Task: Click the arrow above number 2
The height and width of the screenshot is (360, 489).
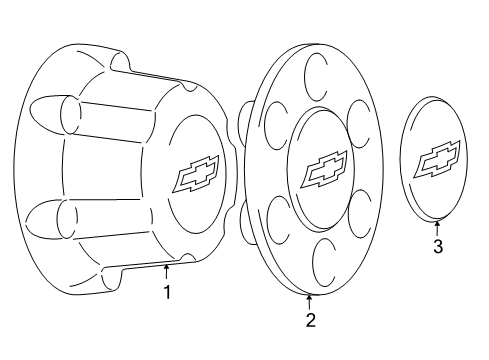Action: coord(310,299)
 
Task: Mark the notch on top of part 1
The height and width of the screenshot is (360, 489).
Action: coord(120,62)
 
